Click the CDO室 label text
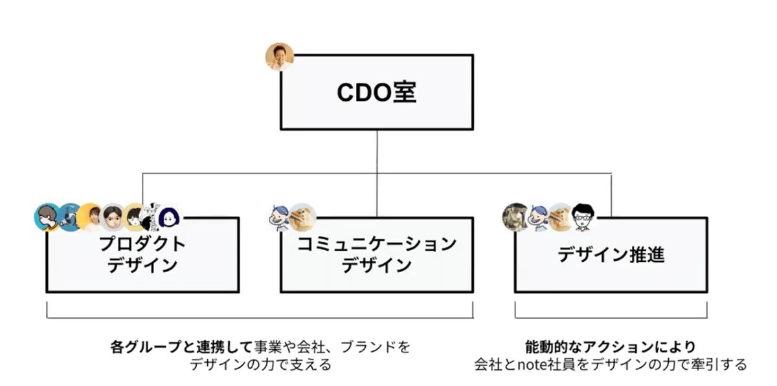(x=376, y=92)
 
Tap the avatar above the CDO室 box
(x=279, y=57)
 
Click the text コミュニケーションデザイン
(x=376, y=254)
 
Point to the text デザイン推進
(x=611, y=254)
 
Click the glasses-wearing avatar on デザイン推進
(x=582, y=217)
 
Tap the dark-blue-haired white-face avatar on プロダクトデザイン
(x=168, y=218)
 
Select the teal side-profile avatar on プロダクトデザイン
(x=47, y=217)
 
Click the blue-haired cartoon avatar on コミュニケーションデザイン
(x=280, y=217)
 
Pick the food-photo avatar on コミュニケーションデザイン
(x=302, y=217)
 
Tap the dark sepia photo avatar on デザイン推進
(x=515, y=217)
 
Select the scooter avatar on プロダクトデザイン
(x=69, y=217)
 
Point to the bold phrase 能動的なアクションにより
(x=611, y=347)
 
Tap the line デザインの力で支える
(x=260, y=364)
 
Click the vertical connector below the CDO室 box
(x=377, y=152)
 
